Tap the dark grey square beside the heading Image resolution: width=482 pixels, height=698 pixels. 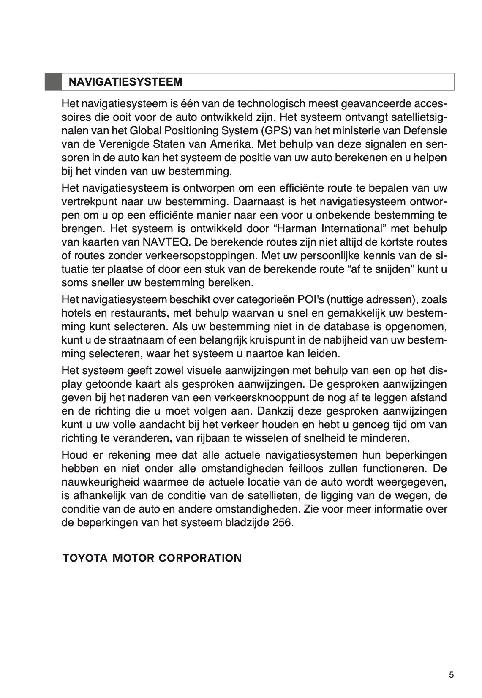pyautogui.click(x=53, y=82)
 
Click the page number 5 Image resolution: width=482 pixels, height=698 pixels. pyautogui.click(x=451, y=675)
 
